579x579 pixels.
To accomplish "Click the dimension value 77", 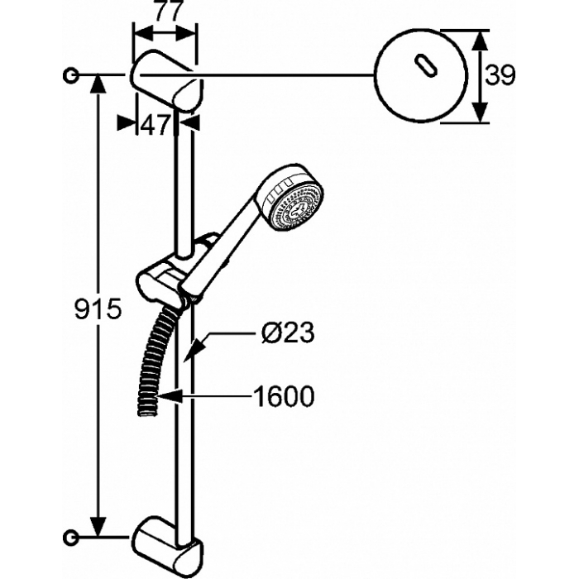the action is click(169, 11).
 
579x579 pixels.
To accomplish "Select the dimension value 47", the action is click(155, 125).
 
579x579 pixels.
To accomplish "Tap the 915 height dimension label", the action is click(98, 309).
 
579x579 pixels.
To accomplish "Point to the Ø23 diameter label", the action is click(288, 333).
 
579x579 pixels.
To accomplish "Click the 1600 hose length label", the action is click(284, 396).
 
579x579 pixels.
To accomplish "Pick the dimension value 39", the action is click(500, 76).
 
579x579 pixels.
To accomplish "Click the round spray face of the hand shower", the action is click(297, 208).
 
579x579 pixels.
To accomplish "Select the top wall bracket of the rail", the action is click(166, 80).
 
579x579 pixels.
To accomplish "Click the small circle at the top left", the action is click(70, 76).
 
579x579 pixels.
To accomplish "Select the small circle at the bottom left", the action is click(70, 537).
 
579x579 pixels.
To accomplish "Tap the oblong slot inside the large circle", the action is click(426, 66).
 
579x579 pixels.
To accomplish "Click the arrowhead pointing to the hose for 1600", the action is click(170, 396).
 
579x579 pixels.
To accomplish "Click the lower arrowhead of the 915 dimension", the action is click(98, 526).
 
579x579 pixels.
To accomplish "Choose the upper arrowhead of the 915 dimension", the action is click(98, 86).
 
